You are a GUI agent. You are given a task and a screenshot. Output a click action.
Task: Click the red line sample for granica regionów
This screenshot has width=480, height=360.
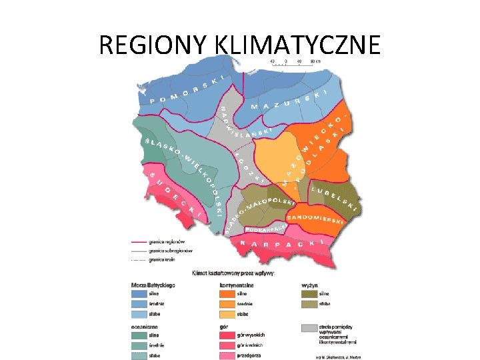[139, 243]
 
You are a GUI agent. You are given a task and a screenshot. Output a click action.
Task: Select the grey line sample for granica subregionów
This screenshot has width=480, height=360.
[139, 251]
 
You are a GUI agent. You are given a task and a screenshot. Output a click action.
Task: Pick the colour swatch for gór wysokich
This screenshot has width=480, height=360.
[226, 335]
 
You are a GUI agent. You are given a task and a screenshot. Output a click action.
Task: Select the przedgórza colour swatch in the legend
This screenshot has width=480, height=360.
[226, 355]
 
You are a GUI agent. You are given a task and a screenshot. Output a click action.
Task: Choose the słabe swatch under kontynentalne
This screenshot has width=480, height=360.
[226, 313]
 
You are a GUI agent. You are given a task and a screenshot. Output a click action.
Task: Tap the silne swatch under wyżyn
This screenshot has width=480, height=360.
[309, 293]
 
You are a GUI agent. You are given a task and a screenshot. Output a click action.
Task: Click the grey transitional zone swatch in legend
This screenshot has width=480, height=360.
[309, 328]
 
